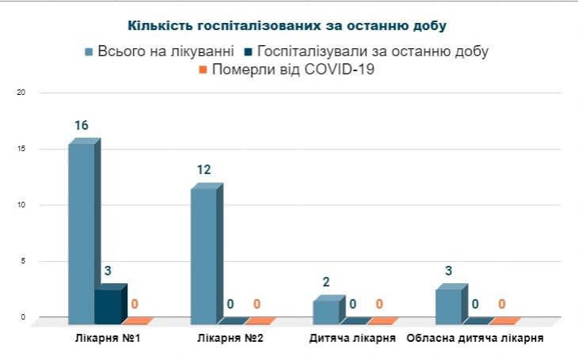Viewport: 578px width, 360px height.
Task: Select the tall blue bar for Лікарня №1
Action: [x=82, y=233]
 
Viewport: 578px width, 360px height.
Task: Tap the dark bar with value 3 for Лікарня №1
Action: [x=108, y=305]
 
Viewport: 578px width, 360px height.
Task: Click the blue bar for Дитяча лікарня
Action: [x=327, y=311]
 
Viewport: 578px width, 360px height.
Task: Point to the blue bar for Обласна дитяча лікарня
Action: [x=449, y=305]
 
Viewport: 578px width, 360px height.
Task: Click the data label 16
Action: [x=82, y=126]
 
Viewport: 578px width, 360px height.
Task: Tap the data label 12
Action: [x=204, y=170]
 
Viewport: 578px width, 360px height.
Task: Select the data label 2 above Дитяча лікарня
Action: [x=326, y=282]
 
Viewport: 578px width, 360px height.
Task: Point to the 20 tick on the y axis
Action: [x=21, y=93]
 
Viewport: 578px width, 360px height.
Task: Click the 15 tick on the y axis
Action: [x=21, y=149]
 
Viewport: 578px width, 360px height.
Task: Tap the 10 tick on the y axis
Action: [x=21, y=205]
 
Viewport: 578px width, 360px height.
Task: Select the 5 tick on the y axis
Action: [x=23, y=261]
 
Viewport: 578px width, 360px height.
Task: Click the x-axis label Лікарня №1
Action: [x=100, y=338]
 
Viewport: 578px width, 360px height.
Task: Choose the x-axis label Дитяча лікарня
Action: [x=352, y=338]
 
